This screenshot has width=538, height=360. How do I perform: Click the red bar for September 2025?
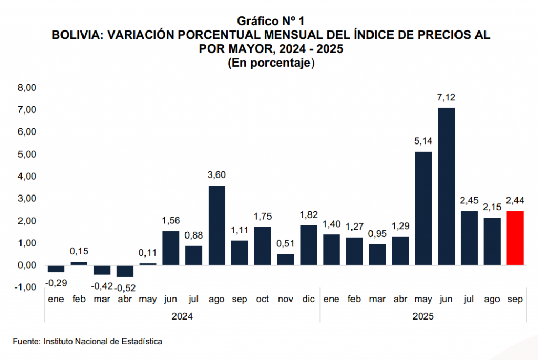pyautogui.click(x=515, y=238)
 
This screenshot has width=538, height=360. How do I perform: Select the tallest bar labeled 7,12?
pyautogui.click(x=446, y=187)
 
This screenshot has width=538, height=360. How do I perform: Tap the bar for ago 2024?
pyautogui.click(x=216, y=225)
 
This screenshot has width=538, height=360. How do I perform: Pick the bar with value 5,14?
pyautogui.click(x=423, y=209)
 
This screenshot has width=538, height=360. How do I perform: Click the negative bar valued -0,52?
pyautogui.click(x=125, y=271)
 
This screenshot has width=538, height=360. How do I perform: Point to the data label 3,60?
pyautogui.click(x=216, y=175)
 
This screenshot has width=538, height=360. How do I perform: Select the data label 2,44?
pyautogui.click(x=515, y=200)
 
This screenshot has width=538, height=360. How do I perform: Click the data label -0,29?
pyautogui.click(x=56, y=283)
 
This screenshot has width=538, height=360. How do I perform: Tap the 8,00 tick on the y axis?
pyautogui.click(x=27, y=88)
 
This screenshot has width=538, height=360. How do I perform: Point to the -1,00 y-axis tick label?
pyautogui.click(x=26, y=287)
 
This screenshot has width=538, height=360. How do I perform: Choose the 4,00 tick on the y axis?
pyautogui.click(x=27, y=177)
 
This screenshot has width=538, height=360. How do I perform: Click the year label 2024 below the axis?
pyautogui.click(x=182, y=317)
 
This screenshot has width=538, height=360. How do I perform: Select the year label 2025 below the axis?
pyautogui.click(x=423, y=317)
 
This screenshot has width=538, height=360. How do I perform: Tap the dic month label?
pyautogui.click(x=308, y=300)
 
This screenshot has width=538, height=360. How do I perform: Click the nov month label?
pyautogui.click(x=285, y=300)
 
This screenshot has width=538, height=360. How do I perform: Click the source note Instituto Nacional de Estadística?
pyautogui.click(x=103, y=342)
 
